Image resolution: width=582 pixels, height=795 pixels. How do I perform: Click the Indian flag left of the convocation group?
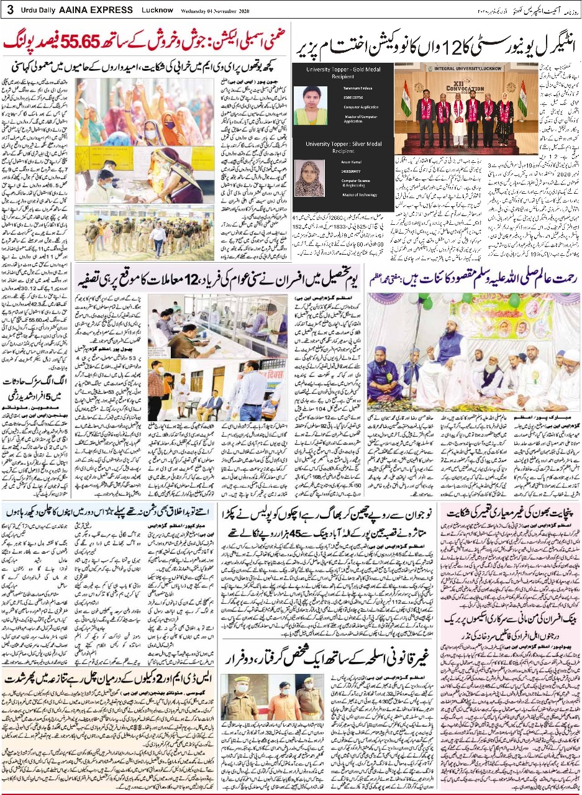[x=406, y=99]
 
